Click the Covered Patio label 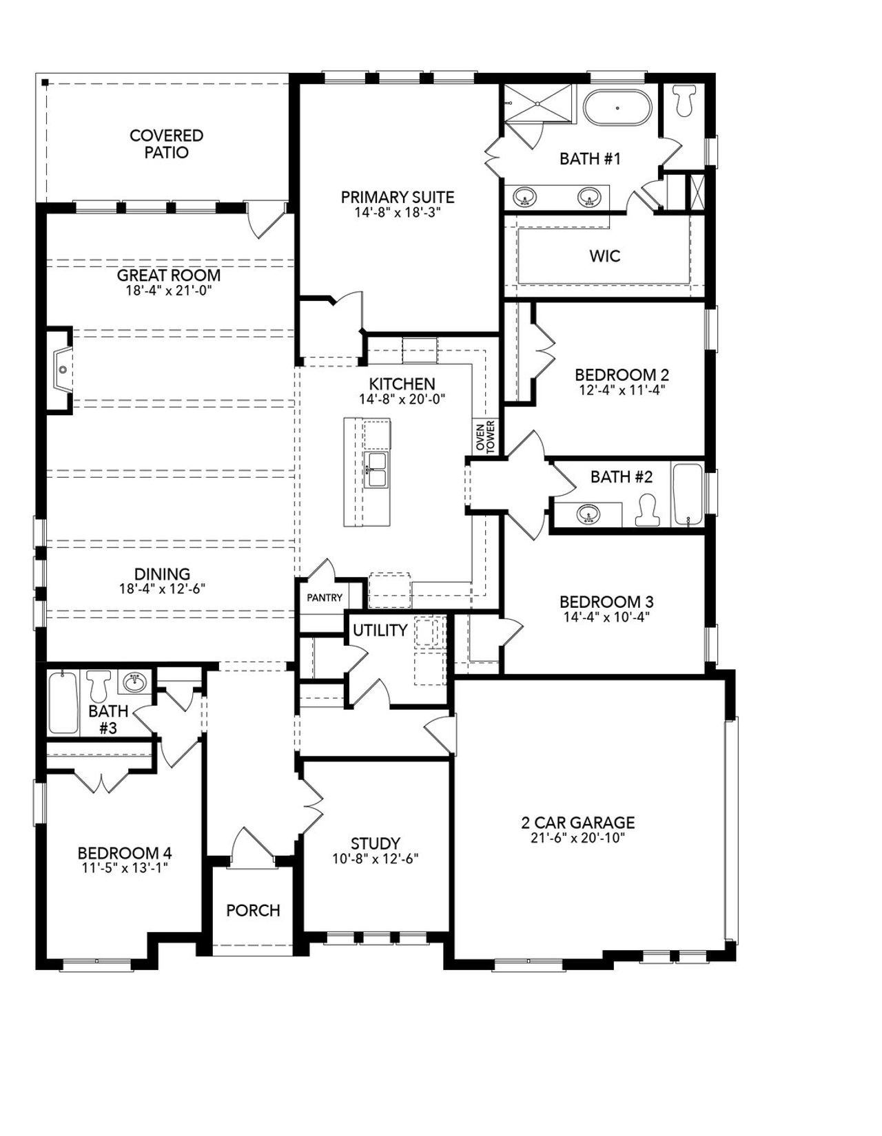(166, 144)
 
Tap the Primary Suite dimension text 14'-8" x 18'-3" (398, 213)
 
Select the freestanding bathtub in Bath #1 (617, 108)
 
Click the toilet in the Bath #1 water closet (684, 100)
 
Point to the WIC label (604, 256)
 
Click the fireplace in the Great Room (61, 370)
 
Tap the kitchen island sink (376, 470)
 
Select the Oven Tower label (486, 437)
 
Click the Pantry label (324, 598)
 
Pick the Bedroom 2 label (622, 375)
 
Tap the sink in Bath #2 (588, 514)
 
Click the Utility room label (380, 630)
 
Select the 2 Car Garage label (577, 822)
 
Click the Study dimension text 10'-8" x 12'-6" (375, 859)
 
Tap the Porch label (253, 910)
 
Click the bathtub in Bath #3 (63, 702)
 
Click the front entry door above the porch (252, 845)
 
